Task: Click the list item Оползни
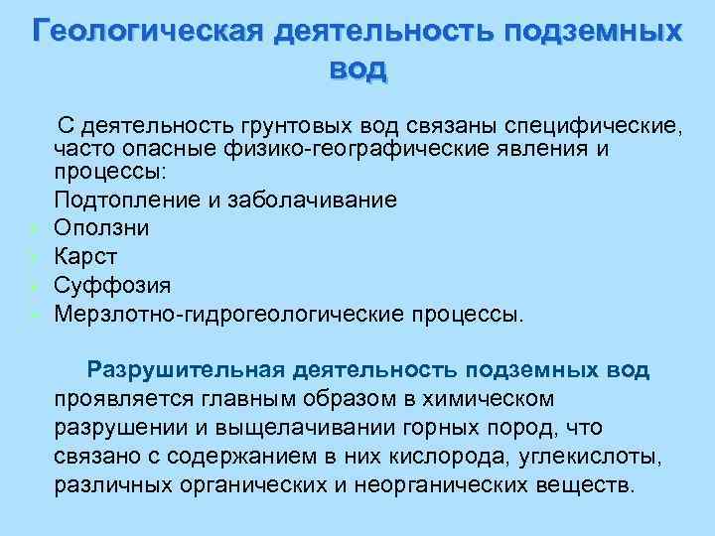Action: [x=102, y=227]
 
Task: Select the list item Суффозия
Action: [x=112, y=285]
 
